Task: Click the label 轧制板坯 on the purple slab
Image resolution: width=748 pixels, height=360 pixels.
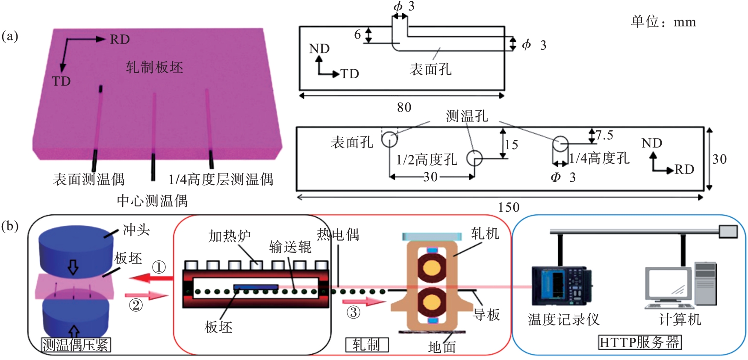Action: click(x=154, y=67)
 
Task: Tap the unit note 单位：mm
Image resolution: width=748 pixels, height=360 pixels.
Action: click(x=663, y=22)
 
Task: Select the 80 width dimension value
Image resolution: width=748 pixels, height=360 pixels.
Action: click(x=404, y=107)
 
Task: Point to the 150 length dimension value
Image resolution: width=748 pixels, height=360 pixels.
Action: click(x=509, y=207)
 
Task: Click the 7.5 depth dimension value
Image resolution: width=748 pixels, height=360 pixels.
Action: click(x=604, y=136)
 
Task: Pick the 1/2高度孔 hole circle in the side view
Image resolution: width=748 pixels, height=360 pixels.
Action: click(x=474, y=158)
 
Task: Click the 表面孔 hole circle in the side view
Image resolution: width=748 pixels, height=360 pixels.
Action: click(x=389, y=139)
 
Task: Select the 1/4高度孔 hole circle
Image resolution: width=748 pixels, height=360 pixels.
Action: click(x=560, y=144)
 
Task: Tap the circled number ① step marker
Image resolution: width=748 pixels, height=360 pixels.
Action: click(x=159, y=267)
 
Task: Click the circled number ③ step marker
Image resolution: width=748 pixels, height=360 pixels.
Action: click(x=353, y=312)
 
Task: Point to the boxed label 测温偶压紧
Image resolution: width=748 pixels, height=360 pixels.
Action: click(x=76, y=345)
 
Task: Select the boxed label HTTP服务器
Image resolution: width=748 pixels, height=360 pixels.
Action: click(x=639, y=342)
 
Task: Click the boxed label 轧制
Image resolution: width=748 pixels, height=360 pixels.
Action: click(x=367, y=345)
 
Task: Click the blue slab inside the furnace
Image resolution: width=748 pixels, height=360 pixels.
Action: click(x=256, y=287)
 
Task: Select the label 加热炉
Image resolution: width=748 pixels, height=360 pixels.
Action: click(x=229, y=236)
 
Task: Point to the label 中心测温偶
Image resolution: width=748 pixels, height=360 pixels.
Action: click(x=152, y=201)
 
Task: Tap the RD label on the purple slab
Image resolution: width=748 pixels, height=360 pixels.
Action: click(x=120, y=39)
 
